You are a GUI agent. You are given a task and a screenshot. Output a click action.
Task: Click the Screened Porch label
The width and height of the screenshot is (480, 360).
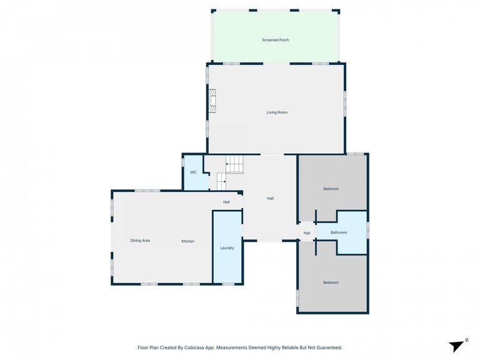pyautogui.click(x=276, y=40)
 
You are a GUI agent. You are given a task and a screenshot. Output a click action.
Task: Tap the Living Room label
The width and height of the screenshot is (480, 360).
pyautogui.click(x=277, y=112)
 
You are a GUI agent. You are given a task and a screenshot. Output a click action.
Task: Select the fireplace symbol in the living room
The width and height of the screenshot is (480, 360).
pyautogui.click(x=212, y=101)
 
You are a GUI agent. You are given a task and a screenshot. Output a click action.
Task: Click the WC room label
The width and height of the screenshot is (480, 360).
pyautogui.click(x=193, y=172)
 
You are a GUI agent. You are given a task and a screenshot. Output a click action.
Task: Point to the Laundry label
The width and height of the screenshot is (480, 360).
pyautogui.click(x=227, y=248)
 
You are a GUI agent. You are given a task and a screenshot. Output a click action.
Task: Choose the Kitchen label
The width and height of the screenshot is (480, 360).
pyautogui.click(x=188, y=241)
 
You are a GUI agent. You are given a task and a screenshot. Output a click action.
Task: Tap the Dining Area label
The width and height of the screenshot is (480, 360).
pyautogui.click(x=140, y=241)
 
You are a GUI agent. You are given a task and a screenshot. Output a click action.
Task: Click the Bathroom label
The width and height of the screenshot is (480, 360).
pyautogui.click(x=339, y=232)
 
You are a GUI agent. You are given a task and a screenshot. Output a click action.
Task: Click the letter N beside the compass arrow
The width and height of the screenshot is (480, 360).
pyautogui.click(x=466, y=340)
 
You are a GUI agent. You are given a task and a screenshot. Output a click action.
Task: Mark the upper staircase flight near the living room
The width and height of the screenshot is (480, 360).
pyautogui.click(x=235, y=164)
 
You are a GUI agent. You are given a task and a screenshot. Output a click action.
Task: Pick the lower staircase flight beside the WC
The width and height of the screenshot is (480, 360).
pyautogui.click(x=222, y=181)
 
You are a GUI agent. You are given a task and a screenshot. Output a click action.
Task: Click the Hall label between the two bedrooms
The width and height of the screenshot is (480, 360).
pyautogui.click(x=307, y=233)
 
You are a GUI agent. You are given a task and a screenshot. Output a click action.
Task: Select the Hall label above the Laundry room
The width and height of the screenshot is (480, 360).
pyautogui.click(x=226, y=202)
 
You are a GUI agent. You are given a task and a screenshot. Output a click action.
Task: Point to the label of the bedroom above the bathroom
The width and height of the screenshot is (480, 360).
pyautogui.click(x=331, y=189)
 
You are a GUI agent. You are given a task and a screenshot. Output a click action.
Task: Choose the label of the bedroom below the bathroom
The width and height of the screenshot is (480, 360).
pyautogui.click(x=331, y=282)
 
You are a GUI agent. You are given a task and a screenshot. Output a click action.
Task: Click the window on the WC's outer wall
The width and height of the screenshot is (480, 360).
pyautogui.click(x=182, y=162)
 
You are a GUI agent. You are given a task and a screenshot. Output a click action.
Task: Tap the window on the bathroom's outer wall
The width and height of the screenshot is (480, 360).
pyautogui.click(x=367, y=229)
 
